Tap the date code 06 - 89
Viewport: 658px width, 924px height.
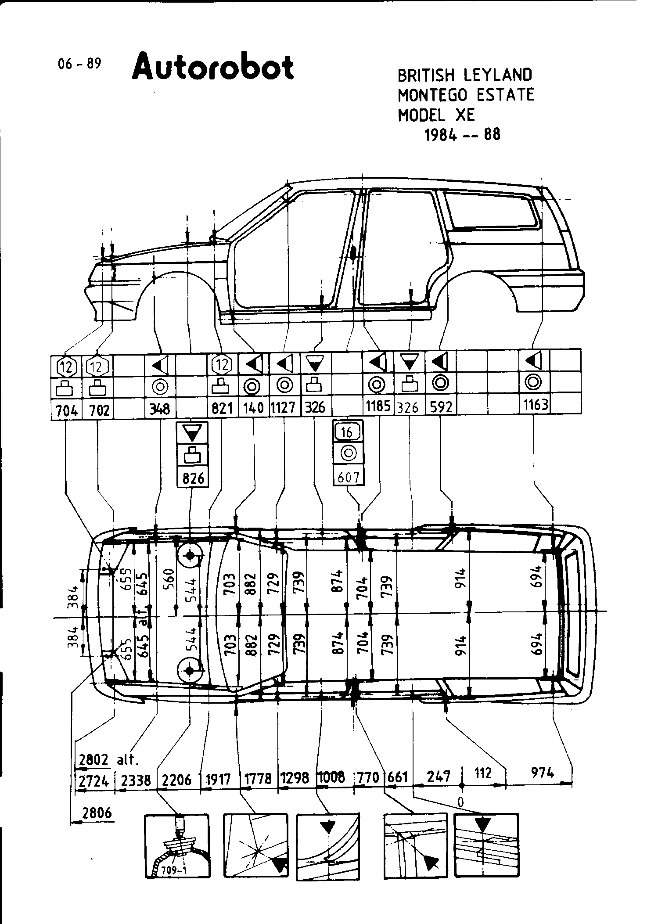pyautogui.click(x=79, y=64)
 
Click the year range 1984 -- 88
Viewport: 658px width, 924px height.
pyautogui.click(x=462, y=134)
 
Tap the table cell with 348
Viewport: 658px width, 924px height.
pyautogui.click(x=160, y=409)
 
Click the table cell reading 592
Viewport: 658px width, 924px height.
pyautogui.click(x=441, y=407)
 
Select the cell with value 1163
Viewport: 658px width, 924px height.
pyautogui.click(x=536, y=405)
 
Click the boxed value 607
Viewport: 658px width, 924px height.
pyautogui.click(x=349, y=477)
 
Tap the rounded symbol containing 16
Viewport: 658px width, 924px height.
pyautogui.click(x=347, y=432)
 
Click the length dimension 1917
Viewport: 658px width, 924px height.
pyautogui.click(x=218, y=780)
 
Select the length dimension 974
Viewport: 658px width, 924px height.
pyautogui.click(x=543, y=772)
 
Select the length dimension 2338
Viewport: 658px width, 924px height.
pyautogui.click(x=136, y=780)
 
